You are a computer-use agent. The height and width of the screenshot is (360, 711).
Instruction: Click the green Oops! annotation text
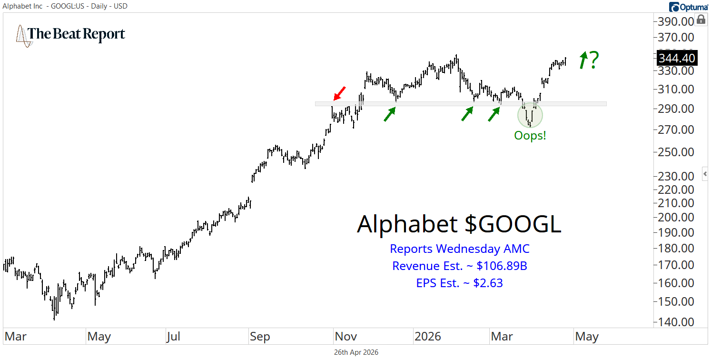click(530, 135)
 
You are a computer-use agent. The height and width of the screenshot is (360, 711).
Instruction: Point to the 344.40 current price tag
click(676, 59)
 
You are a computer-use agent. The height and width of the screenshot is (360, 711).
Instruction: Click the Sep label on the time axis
click(260, 337)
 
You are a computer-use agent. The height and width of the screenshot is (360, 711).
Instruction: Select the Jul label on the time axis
click(173, 337)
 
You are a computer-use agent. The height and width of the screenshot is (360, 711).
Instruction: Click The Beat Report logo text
click(76, 34)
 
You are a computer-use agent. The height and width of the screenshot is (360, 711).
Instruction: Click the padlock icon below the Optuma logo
click(701, 20)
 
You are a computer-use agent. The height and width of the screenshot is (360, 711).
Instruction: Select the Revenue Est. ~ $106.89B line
click(459, 266)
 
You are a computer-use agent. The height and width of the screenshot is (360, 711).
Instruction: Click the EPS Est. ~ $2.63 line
click(459, 283)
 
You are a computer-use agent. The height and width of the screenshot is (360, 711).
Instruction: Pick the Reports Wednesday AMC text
click(459, 249)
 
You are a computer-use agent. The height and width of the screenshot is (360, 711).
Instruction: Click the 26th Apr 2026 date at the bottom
click(356, 352)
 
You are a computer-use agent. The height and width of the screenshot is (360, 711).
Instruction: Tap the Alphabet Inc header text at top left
click(22, 6)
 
